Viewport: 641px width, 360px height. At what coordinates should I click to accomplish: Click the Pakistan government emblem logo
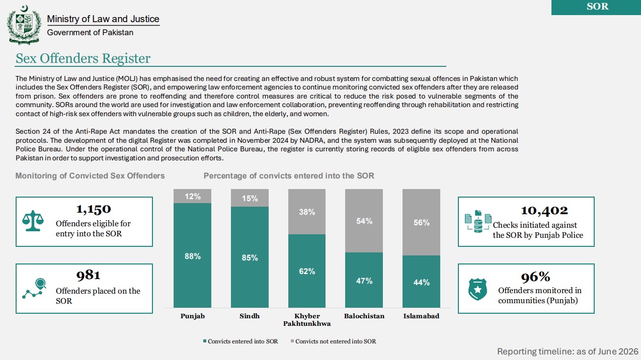(24, 25)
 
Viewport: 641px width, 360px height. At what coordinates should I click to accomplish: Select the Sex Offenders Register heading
(83, 58)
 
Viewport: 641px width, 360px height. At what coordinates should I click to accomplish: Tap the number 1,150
(94, 209)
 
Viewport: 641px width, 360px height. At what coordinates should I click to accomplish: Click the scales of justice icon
(33, 221)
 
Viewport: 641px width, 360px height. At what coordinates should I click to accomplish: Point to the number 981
(88, 275)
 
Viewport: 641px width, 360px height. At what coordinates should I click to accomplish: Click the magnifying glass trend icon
(35, 288)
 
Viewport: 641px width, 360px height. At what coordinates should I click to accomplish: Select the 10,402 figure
(544, 211)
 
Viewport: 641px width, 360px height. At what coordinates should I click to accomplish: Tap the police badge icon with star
(477, 290)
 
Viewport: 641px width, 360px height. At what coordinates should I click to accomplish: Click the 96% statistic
(535, 277)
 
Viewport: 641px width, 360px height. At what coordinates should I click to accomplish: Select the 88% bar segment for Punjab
(192, 255)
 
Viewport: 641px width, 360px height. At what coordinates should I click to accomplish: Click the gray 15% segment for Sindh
(250, 198)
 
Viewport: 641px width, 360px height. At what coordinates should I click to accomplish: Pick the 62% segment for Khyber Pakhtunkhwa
(307, 271)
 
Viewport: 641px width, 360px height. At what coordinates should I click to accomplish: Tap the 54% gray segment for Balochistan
(364, 221)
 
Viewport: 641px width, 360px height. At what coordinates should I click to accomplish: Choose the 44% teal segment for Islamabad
(421, 282)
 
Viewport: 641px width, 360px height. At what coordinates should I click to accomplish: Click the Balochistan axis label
(364, 316)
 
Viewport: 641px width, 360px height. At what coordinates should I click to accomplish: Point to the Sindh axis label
(250, 316)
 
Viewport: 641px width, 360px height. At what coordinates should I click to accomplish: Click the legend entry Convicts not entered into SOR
(334, 341)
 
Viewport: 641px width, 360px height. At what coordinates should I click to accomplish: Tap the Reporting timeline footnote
(568, 351)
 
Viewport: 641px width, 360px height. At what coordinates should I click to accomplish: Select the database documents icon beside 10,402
(478, 221)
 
